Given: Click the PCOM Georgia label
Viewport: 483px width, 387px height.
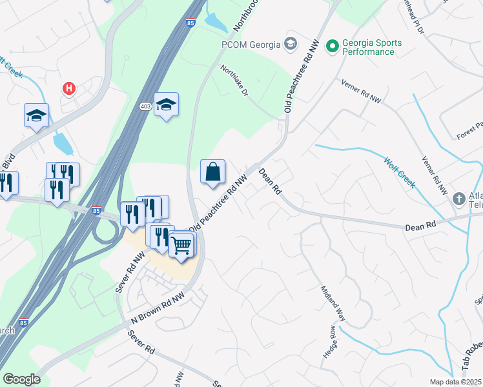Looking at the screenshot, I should click(251, 45).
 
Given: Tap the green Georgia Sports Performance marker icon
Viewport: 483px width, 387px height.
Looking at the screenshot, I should click(333, 46).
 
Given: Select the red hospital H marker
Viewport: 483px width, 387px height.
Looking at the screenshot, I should click(67, 88).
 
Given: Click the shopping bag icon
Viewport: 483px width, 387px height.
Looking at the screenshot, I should click(212, 172).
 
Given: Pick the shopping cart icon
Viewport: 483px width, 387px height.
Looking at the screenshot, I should click(182, 245).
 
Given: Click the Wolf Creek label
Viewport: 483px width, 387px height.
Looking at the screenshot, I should click(399, 172).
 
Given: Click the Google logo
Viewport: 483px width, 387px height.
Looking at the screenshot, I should click(21, 379).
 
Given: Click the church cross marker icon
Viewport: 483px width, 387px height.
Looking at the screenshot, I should click(459, 198).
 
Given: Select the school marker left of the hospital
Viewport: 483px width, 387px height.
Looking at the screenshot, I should click(36, 116).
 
